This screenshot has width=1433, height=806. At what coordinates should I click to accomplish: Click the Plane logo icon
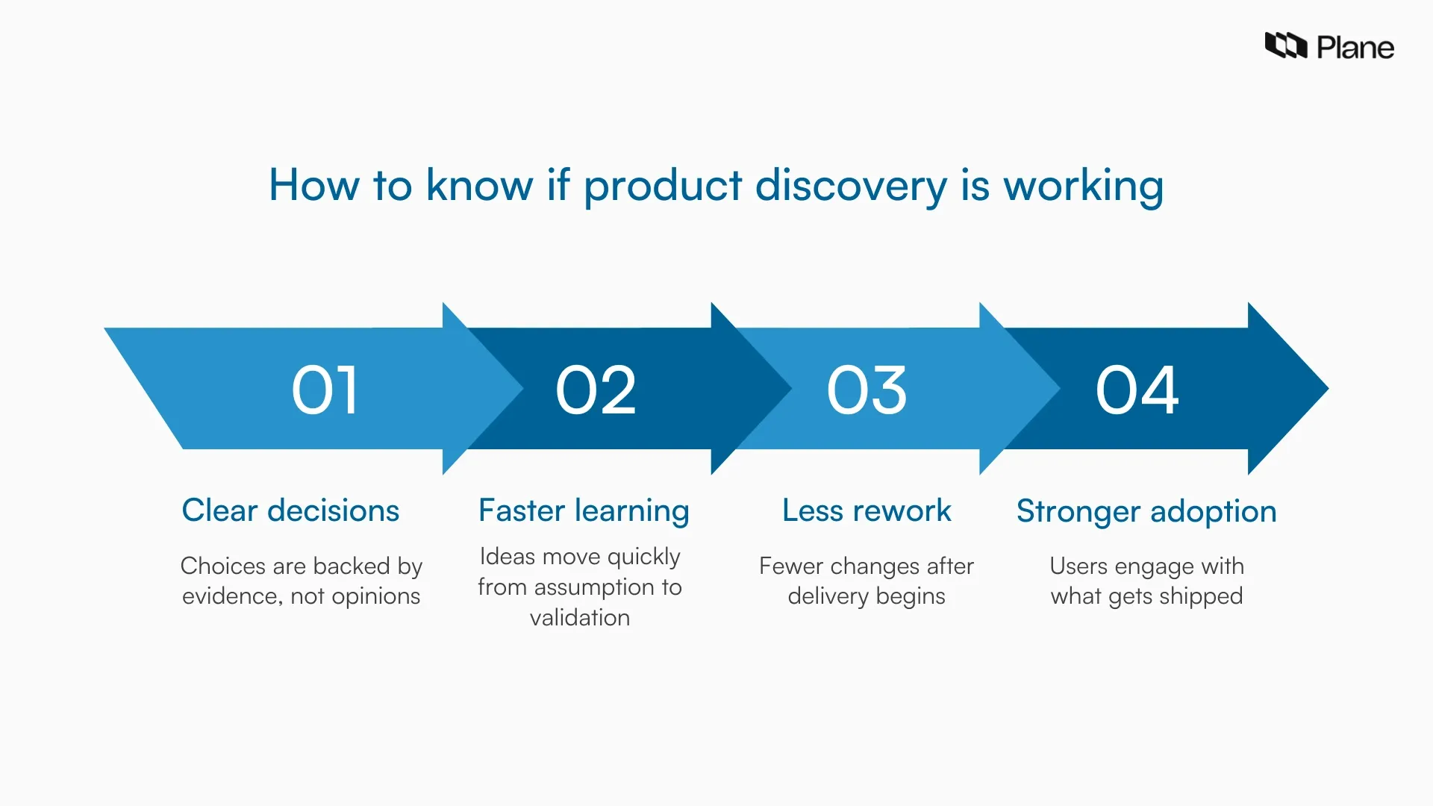(1285, 46)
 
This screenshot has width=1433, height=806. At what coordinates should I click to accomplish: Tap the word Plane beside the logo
(1355, 48)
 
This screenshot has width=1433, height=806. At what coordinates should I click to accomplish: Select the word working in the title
(1083, 186)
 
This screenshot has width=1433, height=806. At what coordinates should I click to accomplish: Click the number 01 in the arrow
(325, 390)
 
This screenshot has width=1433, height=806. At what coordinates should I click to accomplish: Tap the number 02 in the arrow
(596, 390)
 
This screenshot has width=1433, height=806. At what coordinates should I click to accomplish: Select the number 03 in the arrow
(867, 390)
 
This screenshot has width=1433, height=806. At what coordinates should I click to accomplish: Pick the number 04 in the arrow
(1137, 390)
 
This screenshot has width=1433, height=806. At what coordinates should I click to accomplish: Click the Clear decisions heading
(290, 510)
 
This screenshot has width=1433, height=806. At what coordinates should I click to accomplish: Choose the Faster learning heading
(584, 510)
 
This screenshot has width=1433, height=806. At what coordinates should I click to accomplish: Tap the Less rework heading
(867, 510)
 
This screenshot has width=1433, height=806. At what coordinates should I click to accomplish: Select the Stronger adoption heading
(1146, 511)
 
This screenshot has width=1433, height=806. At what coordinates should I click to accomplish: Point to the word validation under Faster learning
(580, 618)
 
